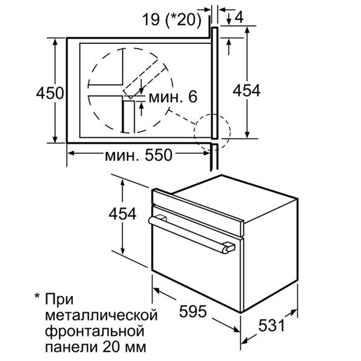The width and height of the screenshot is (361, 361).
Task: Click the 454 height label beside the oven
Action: click(x=123, y=214)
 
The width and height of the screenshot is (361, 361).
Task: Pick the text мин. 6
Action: click(x=173, y=97)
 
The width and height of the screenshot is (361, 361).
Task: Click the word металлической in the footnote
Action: click(x=102, y=315)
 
